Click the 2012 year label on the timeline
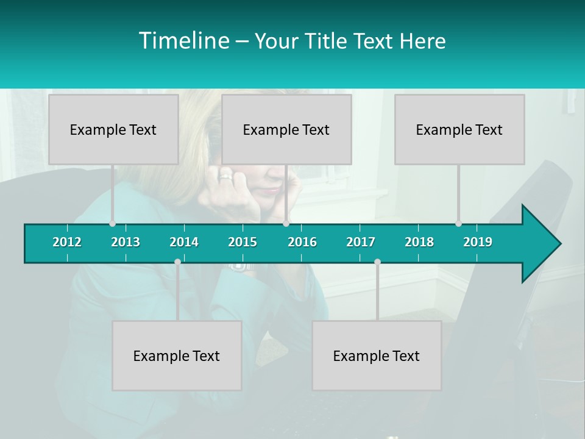click(x=67, y=242)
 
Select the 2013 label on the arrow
click(x=126, y=242)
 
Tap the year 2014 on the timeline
click(x=184, y=242)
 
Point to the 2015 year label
click(x=243, y=242)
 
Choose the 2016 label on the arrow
click(x=302, y=242)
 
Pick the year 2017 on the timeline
click(x=361, y=242)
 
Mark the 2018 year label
click(x=419, y=242)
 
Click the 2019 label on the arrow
click(x=478, y=242)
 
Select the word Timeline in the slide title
click(x=183, y=41)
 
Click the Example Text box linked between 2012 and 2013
click(x=113, y=129)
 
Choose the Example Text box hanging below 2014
click(x=177, y=355)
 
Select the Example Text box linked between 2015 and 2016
click(x=286, y=129)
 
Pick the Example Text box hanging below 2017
click(x=377, y=355)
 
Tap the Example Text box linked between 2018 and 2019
click(x=459, y=129)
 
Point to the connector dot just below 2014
click(x=177, y=262)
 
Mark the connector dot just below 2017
click(x=377, y=262)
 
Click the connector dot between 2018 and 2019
click(x=458, y=223)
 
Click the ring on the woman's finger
click(x=225, y=177)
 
